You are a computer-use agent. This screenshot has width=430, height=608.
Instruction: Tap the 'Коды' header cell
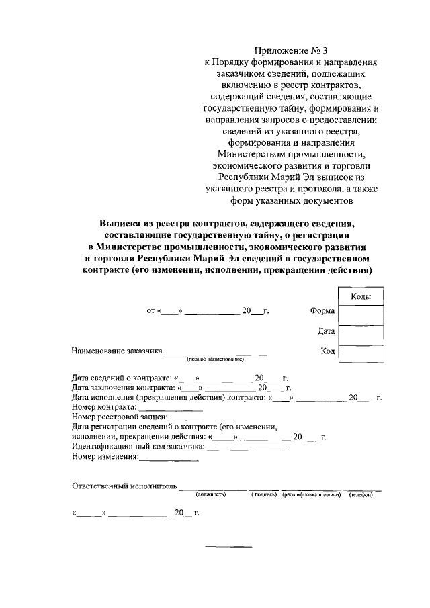click(361, 296)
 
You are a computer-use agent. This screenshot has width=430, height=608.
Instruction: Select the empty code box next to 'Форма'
click(361, 314)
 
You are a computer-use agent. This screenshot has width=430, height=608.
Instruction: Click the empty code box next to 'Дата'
click(361, 335)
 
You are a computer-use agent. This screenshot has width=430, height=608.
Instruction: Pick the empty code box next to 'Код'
click(361, 354)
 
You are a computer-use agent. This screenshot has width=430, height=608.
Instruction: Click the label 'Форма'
click(322, 311)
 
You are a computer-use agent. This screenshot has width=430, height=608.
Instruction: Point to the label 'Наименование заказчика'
click(117, 351)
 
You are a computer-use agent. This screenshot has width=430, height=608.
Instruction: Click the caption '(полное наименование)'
click(215, 359)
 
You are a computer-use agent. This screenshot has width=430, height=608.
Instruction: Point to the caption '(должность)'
click(211, 495)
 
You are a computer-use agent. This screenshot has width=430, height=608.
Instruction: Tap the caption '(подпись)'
click(264, 495)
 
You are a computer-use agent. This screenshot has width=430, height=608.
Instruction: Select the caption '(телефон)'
click(361, 495)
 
